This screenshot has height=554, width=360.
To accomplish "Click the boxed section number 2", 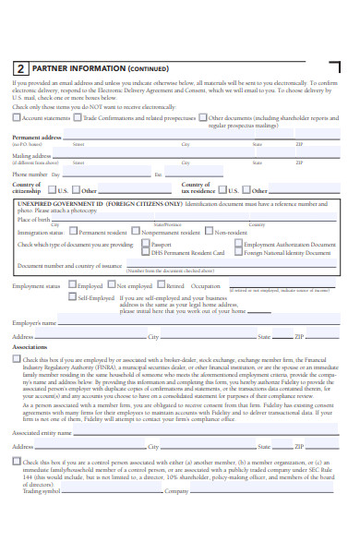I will click(x=20, y=68).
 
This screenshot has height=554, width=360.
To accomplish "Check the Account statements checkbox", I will click(x=17, y=118).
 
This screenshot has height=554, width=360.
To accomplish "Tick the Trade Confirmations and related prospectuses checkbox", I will click(x=78, y=118).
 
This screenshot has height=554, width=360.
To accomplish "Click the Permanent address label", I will click(x=37, y=137).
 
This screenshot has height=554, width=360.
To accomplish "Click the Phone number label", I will click(x=30, y=174).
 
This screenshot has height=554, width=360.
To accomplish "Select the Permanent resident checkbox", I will click(x=75, y=233).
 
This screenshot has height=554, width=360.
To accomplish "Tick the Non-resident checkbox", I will click(x=209, y=233).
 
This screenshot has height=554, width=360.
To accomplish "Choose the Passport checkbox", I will click(x=144, y=245).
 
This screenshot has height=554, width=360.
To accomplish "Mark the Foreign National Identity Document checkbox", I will click(x=240, y=252).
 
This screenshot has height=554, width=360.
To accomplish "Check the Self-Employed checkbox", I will click(x=72, y=298).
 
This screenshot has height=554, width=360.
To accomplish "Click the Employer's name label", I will click(x=34, y=323).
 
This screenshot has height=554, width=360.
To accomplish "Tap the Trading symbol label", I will click(x=42, y=491).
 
